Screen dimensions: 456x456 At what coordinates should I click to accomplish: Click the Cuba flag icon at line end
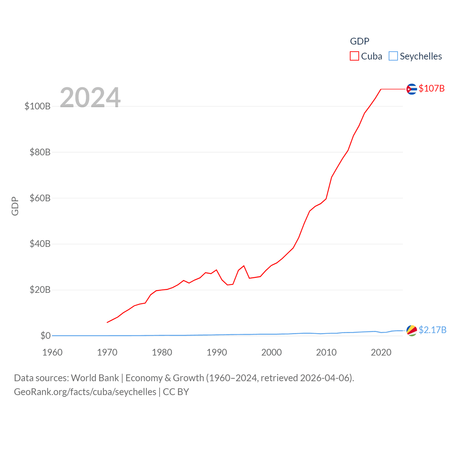coord(411,89)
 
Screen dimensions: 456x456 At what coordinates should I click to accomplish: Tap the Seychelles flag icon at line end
coord(411,330)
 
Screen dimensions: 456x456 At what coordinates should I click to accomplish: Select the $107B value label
coord(431,88)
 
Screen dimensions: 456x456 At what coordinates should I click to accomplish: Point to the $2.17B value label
coord(432,330)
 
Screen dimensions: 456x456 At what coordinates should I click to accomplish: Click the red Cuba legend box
coord(354,56)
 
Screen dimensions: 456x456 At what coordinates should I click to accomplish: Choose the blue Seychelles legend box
coord(393,56)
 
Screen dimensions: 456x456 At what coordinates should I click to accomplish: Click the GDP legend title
coord(359,41)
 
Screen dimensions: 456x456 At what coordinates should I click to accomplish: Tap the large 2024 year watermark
coord(90,97)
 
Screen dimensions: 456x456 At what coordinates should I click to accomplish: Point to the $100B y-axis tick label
coord(37,106)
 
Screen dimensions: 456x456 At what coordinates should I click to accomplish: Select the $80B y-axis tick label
coord(40,152)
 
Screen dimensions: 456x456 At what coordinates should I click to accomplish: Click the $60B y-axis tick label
coord(40,198)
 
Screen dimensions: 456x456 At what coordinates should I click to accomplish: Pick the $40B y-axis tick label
coord(40,244)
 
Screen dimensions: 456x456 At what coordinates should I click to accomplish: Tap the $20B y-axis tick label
coord(40,290)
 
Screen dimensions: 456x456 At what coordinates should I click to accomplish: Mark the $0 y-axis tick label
coord(45,336)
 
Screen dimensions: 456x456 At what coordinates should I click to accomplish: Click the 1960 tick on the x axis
coord(52,352)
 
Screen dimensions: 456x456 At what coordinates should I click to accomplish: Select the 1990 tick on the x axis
coord(217,352)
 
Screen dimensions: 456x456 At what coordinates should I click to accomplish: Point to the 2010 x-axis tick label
coord(326,352)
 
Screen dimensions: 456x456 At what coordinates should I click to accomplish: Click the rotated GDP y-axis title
coord(15,206)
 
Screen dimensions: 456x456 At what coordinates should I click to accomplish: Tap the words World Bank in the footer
coord(95,378)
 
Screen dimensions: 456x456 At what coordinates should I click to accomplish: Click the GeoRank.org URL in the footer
coord(85,392)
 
